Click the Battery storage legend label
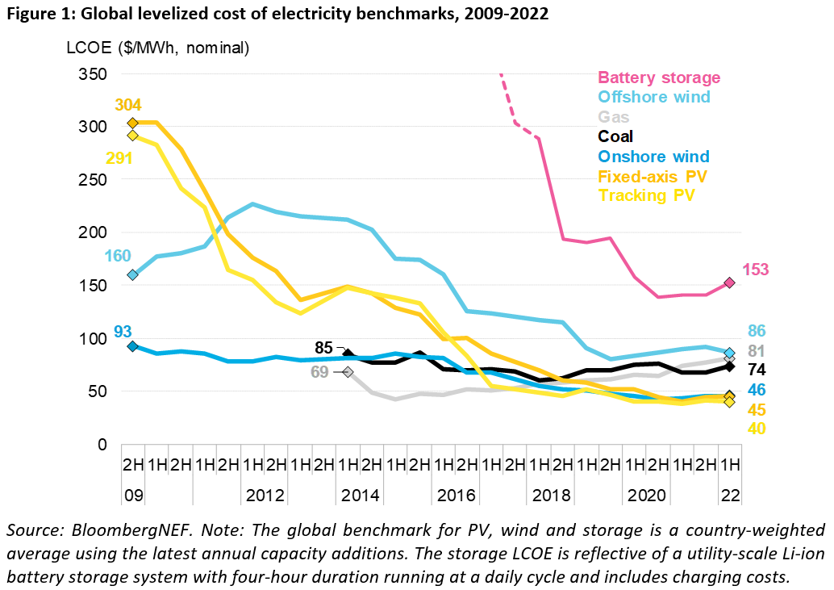658,78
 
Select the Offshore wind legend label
653,98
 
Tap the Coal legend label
615,136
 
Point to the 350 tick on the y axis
94,74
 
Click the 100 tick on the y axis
94,339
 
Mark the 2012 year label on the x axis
265,494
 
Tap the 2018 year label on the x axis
548,494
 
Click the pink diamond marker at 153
728,282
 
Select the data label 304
128,105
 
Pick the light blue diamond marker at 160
133,274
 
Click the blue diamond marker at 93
133,346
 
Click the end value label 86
757,331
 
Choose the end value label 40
757,429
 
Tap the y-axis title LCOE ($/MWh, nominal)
158,48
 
